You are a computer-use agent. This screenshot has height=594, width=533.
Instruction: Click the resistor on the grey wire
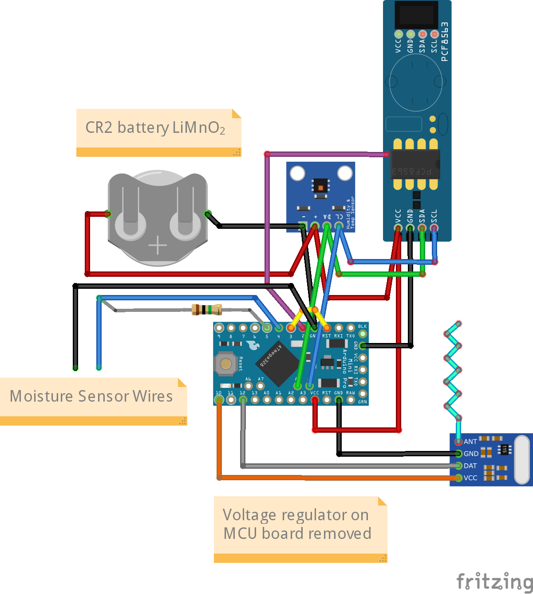(x=206, y=310)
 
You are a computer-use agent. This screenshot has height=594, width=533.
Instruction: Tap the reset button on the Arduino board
(x=226, y=364)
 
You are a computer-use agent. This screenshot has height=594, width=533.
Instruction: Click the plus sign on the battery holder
(x=158, y=245)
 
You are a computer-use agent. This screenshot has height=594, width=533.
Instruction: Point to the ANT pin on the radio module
(x=458, y=442)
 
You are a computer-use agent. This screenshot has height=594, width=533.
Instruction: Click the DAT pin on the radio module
(x=458, y=466)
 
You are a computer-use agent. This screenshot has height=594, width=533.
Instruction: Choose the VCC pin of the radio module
(x=458, y=478)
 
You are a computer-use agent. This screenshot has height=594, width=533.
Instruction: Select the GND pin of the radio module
(x=458, y=454)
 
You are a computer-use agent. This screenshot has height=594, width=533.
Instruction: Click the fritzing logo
(x=494, y=581)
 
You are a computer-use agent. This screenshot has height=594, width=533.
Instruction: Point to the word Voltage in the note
(x=249, y=515)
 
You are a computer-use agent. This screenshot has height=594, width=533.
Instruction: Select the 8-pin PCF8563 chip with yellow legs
(x=415, y=164)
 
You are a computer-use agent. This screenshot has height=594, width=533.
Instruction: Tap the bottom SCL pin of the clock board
(x=434, y=228)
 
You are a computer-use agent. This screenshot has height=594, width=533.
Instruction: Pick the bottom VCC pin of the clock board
(x=398, y=228)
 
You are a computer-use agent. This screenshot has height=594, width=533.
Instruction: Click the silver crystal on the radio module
(x=522, y=459)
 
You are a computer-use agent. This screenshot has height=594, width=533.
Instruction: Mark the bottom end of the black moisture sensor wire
(x=75, y=367)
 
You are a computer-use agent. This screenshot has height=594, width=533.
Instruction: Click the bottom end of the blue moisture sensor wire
(x=99, y=367)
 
